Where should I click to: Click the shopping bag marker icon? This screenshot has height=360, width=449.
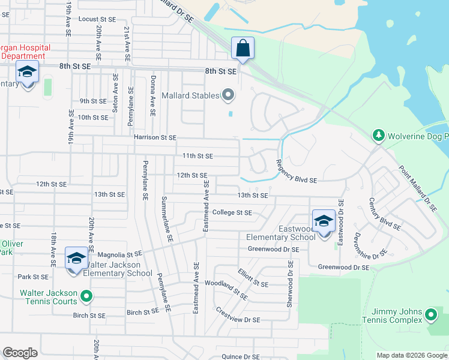pos(243,48)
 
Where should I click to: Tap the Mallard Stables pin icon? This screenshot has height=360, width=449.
pos(228,95)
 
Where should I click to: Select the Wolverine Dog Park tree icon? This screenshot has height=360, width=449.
pos(378,135)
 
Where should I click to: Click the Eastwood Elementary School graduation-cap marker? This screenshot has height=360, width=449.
pos(324,221)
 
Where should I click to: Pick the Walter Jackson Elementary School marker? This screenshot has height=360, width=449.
pos(76,259)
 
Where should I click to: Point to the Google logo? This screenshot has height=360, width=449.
pos(20,353)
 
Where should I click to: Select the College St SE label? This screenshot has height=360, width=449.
pos(232,212)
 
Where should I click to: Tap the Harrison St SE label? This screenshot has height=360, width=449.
pos(155,137)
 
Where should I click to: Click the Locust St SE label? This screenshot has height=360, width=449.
pos(96,19)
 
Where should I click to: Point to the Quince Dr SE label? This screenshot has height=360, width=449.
pos(240,356)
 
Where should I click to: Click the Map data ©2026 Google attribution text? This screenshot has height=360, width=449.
pos(412,355)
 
